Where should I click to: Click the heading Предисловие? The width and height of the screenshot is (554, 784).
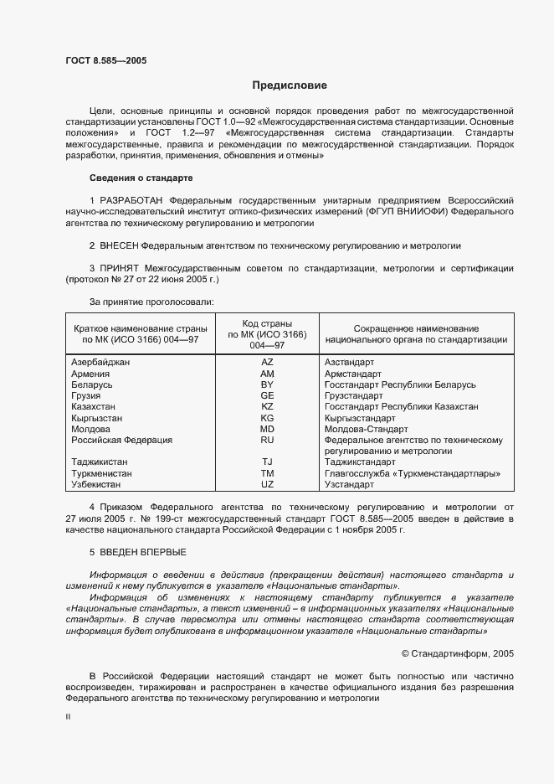coord(290,85)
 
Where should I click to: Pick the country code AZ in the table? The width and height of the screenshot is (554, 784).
coord(267,361)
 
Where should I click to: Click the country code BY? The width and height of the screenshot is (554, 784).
coord(267,384)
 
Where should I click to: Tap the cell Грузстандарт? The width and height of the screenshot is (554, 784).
coord(353,395)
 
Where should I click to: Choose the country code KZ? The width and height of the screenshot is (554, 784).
coord(267,406)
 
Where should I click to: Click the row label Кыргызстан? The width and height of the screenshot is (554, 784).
coord(97,417)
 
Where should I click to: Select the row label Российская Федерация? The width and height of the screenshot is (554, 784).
coord(122,439)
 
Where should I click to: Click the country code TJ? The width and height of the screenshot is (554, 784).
coord(267,462)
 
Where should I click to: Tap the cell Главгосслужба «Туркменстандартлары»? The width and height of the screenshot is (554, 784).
coord(408,472)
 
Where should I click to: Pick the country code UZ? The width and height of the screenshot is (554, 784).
coord(267,484)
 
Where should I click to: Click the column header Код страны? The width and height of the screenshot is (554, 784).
coord(267,323)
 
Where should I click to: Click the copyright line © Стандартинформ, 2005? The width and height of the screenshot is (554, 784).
coord(458,652)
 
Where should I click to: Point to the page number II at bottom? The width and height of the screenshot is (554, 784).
coord(68,717)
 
